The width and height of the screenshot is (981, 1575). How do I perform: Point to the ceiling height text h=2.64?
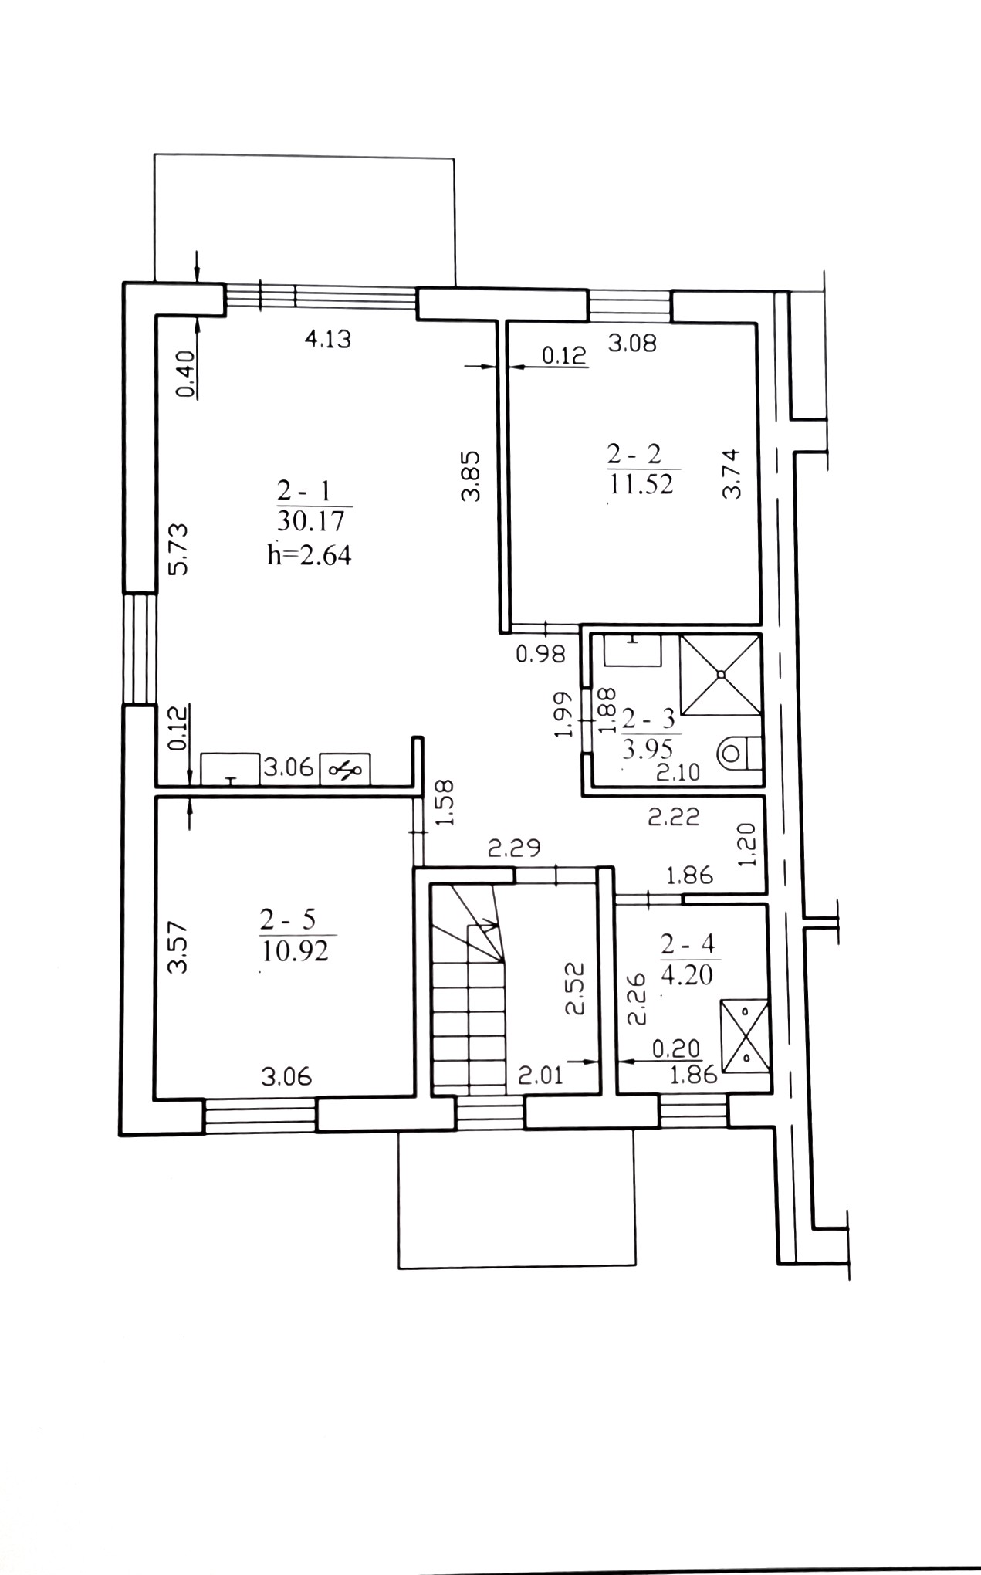click(309, 554)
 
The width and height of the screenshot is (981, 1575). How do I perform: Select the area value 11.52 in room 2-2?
click(641, 484)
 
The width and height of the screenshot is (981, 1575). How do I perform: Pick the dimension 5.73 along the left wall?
click(178, 549)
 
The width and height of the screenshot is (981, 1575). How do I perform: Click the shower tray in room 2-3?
click(721, 673)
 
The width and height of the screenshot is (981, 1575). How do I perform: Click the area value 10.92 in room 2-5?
click(296, 950)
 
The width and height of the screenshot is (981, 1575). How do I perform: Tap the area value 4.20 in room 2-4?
click(686, 974)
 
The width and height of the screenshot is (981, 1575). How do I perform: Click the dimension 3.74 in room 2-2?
click(732, 474)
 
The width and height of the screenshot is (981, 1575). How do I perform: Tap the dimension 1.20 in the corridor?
click(748, 844)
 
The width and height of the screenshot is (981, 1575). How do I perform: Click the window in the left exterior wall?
click(140, 649)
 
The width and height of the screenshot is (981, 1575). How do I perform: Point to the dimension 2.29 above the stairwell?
click(515, 848)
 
